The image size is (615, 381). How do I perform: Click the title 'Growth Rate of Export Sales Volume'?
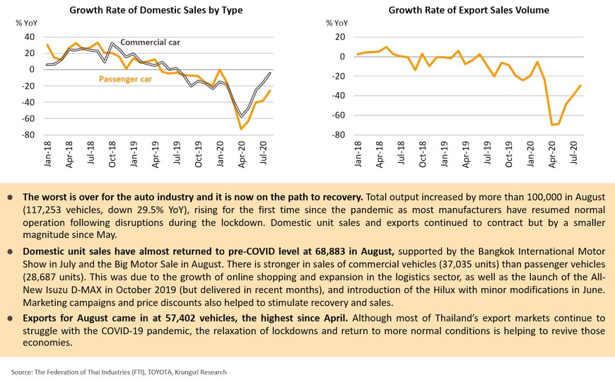[469, 10]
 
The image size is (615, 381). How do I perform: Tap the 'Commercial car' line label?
[149, 42]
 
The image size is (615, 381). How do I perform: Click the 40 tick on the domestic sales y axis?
[29, 37]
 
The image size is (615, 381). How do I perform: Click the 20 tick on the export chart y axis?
[340, 37]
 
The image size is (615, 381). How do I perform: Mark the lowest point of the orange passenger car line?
[242, 129]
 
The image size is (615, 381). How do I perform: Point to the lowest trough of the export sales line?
[551, 125]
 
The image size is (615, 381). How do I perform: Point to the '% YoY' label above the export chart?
[337, 23]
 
